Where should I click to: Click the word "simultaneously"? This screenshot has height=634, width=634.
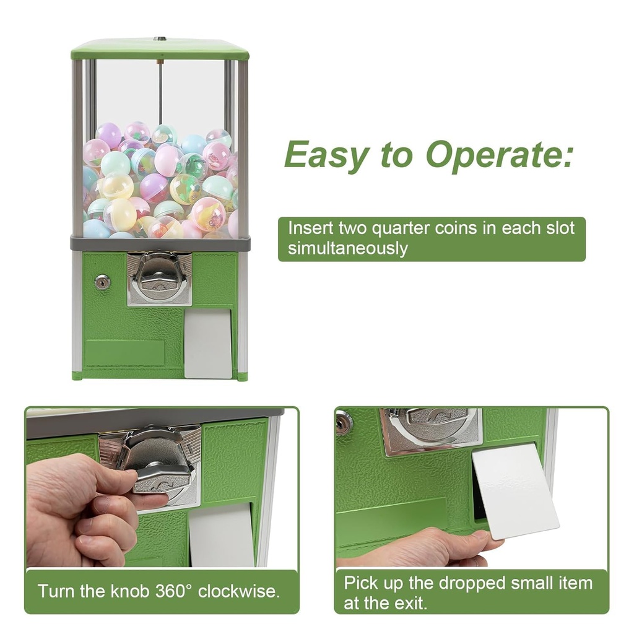347,248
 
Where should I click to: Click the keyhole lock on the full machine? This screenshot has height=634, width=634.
102,282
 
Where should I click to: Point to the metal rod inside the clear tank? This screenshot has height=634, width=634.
160,93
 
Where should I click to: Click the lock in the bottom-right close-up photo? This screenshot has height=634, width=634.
344,422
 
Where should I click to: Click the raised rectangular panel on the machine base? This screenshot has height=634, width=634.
124,352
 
